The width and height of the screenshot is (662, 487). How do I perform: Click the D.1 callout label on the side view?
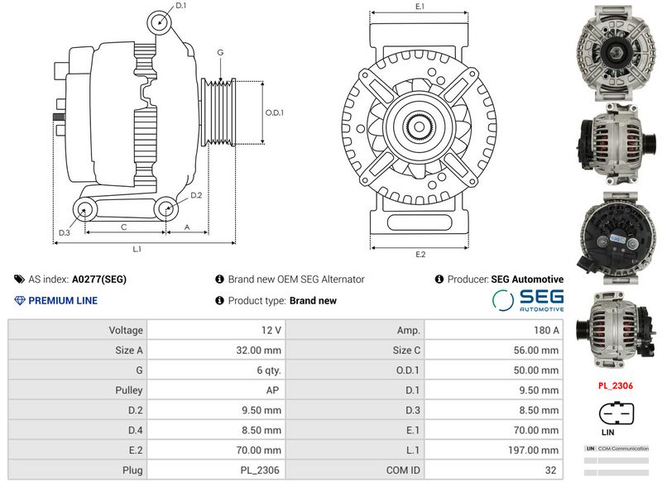point(181,6)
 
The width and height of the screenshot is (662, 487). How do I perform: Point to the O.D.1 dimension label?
point(274,112)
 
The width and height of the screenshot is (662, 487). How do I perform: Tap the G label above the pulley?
point(220,52)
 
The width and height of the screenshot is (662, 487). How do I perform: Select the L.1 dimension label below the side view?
point(137,249)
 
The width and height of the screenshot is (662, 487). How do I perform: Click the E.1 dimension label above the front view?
point(420,7)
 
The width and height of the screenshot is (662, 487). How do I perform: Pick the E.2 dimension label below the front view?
point(420,254)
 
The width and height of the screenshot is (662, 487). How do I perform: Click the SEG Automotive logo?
point(528,300)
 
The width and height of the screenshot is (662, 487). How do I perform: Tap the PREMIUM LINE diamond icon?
point(20,300)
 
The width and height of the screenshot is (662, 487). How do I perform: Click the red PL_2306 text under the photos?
point(616,385)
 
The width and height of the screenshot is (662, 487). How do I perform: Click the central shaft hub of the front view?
point(420,128)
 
